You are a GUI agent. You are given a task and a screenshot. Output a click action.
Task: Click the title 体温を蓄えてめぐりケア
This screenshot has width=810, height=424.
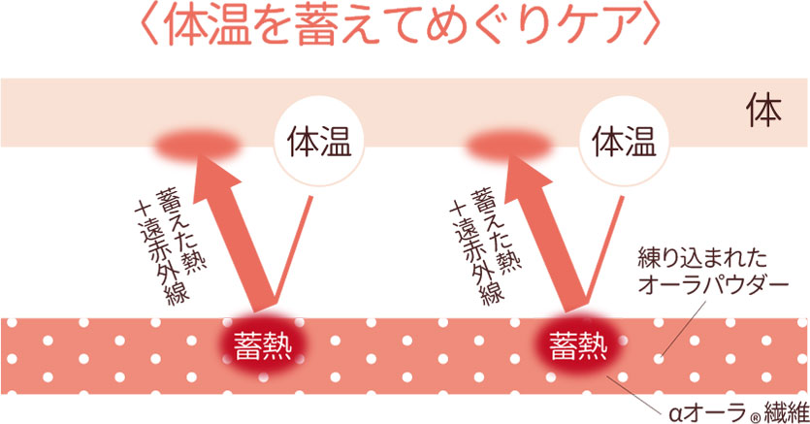point(401,25)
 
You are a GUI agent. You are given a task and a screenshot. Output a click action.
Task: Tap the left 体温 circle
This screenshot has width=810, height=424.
point(319,141)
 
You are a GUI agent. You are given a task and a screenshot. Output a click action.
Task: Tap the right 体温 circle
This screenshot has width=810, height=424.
point(624,141)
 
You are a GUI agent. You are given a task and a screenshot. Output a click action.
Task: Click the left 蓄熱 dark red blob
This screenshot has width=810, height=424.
point(264,345)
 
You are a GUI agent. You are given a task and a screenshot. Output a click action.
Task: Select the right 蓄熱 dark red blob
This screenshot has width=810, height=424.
point(578,345)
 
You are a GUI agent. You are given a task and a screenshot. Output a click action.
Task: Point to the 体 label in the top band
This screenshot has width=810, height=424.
point(763,111)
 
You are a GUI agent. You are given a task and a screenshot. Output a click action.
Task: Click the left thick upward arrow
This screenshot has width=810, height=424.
point(229,233)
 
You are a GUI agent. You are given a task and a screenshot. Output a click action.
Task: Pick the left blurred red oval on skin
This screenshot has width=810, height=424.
point(197,146)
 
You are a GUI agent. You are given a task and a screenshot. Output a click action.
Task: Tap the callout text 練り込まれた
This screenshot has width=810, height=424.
point(702,259)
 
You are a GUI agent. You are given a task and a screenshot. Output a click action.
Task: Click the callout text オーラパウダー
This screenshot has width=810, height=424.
point(713,284)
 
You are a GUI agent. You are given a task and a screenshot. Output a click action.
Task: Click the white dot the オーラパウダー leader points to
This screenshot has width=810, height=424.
point(658,358)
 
